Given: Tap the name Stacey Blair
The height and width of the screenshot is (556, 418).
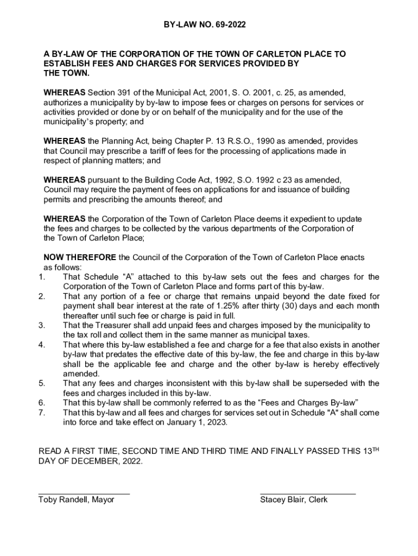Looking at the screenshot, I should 283,500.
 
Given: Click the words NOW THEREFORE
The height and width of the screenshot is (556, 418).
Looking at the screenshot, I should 79,257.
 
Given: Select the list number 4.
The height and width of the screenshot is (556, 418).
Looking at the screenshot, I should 41,345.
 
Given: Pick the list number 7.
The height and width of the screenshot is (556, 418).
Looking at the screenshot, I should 41,413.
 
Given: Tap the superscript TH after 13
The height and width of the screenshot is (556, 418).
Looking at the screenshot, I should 375,449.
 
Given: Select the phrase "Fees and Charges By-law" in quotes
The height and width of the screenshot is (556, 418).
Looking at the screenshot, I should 309,403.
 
